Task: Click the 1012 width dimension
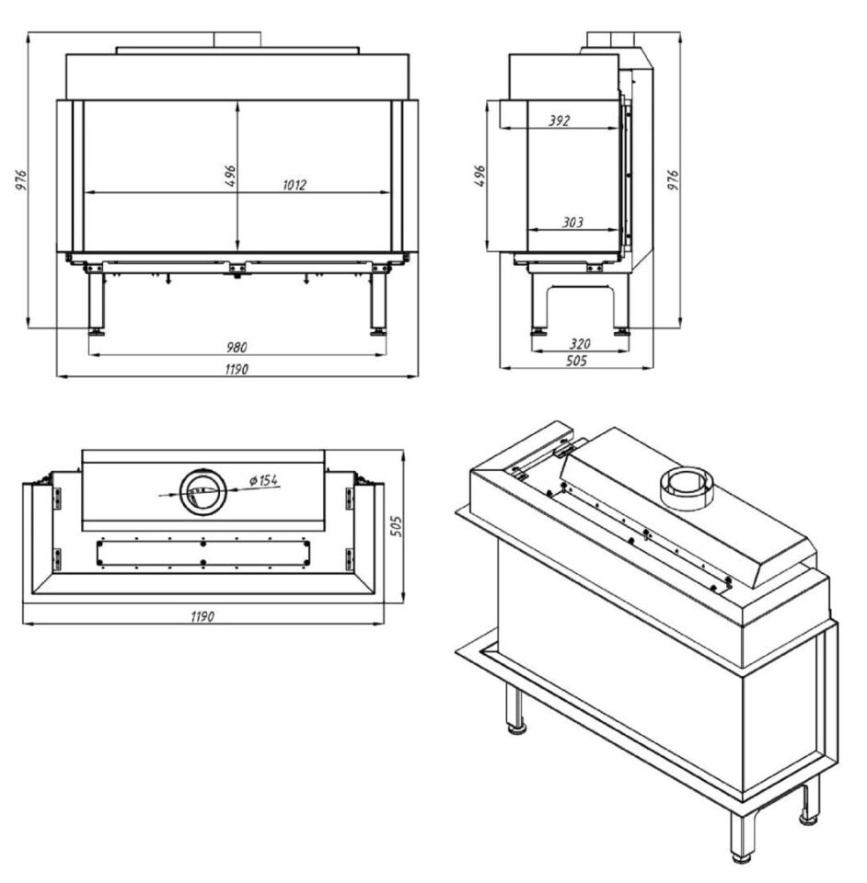295,185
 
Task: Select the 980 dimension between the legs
237,347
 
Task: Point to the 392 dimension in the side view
559,120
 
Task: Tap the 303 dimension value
572,223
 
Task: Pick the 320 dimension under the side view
580,343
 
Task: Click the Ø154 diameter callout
263,480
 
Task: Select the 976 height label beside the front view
21,179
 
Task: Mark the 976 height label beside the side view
673,179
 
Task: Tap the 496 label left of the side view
480,176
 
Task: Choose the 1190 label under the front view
237,370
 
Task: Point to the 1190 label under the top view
202,616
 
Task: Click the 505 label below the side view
576,361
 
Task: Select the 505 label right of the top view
397,526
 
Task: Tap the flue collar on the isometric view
687,488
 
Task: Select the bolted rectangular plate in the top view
202,553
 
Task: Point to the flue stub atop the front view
237,40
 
